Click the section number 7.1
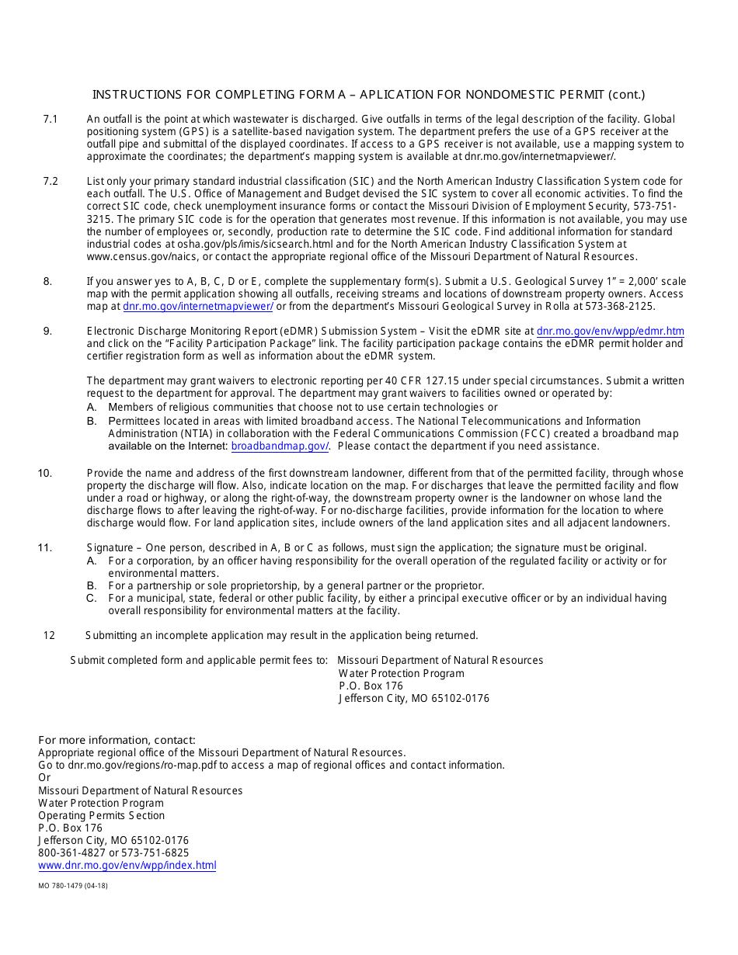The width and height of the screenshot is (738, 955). (50, 120)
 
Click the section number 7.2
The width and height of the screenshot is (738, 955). (50, 182)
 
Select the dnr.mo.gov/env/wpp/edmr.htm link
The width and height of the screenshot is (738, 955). (610, 332)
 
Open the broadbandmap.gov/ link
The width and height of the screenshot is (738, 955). (280, 446)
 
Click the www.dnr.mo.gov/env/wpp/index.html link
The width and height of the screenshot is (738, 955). (127, 866)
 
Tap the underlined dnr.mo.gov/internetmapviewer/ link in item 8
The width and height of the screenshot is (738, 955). (197, 307)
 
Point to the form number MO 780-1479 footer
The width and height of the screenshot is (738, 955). (73, 886)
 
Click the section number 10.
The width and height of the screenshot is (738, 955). (45, 474)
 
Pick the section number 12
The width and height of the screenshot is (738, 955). (49, 636)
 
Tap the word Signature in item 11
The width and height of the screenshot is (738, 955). (110, 548)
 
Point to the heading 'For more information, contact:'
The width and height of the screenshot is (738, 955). (117, 740)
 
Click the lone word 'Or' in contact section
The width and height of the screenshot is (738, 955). (44, 778)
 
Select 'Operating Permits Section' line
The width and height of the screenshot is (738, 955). (101, 816)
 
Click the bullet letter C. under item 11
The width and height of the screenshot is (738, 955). (92, 599)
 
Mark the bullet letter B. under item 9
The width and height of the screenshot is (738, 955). (92, 422)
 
